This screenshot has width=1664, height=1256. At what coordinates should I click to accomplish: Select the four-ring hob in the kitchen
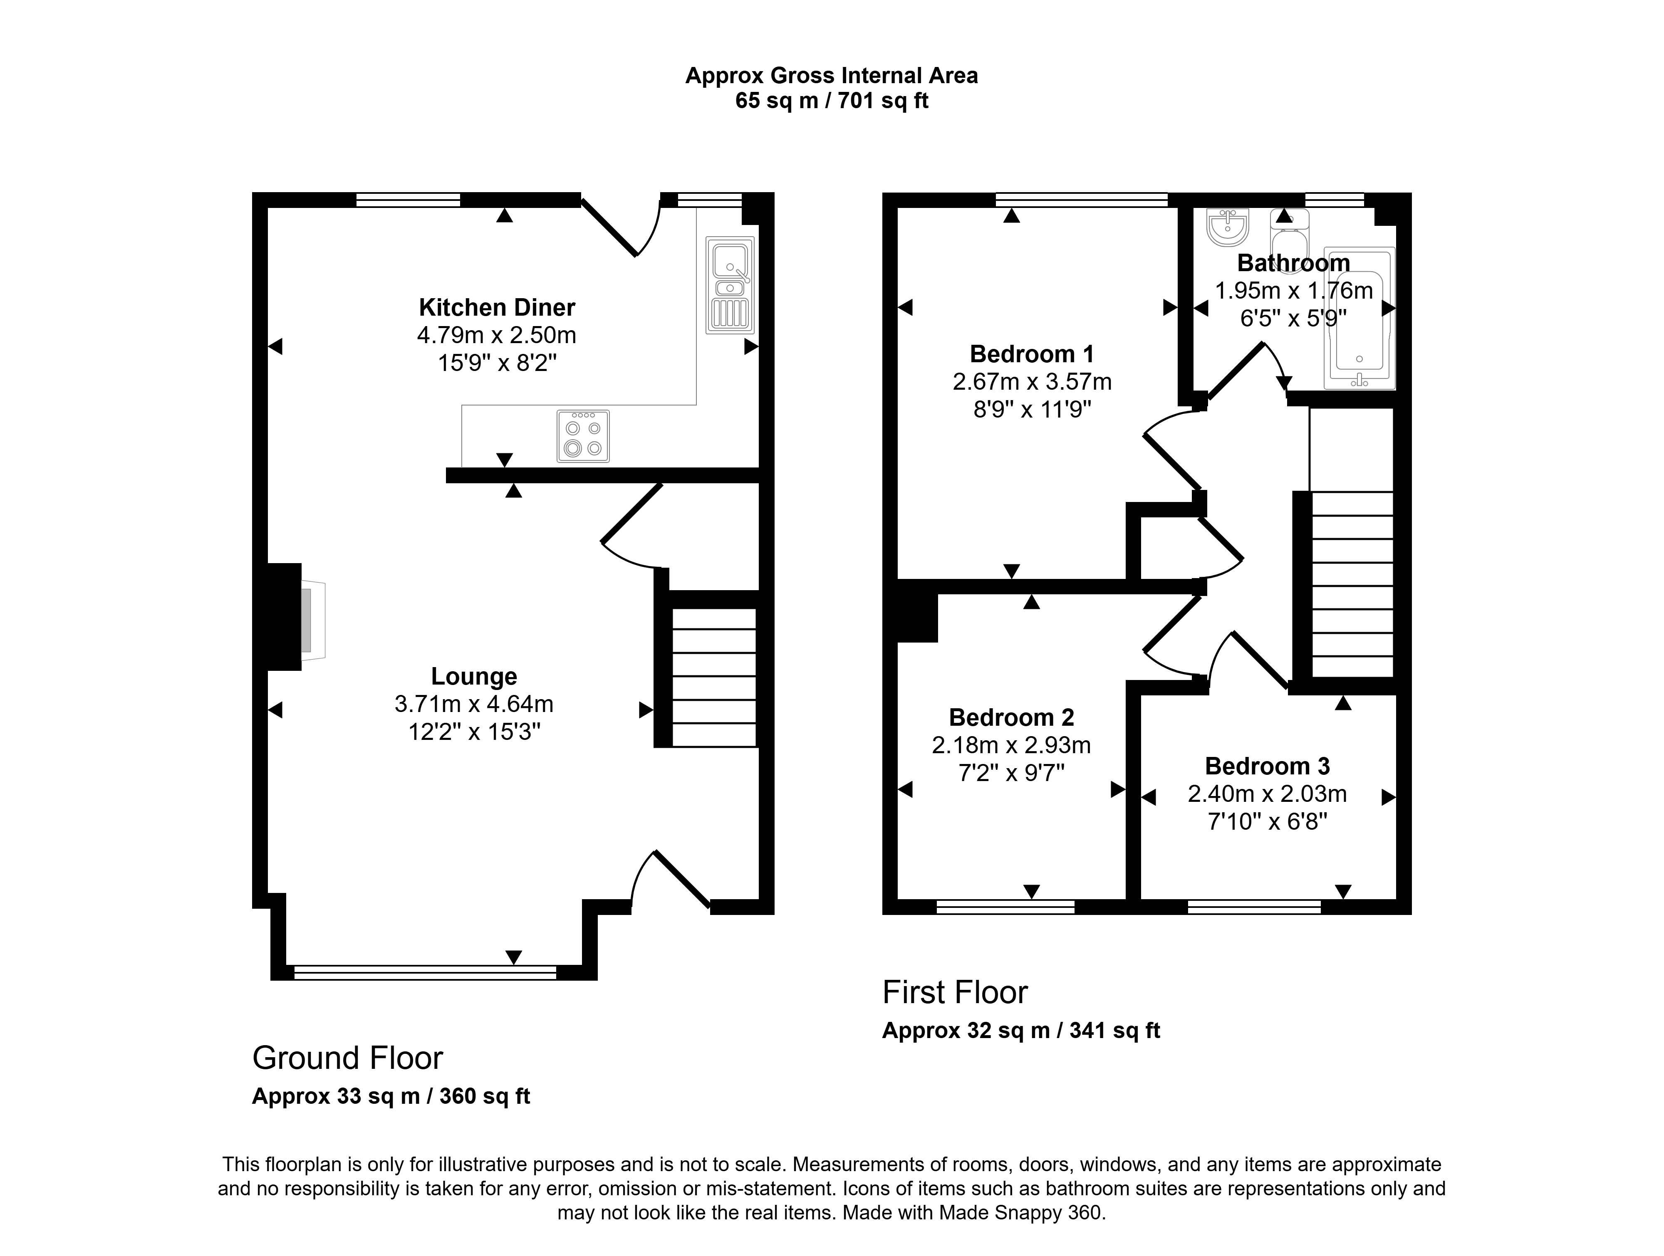pyautogui.click(x=583, y=436)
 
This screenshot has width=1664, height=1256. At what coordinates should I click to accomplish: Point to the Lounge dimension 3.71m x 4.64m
pyautogui.click(x=474, y=704)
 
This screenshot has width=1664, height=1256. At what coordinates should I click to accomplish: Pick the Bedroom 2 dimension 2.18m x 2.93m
pyautogui.click(x=1011, y=745)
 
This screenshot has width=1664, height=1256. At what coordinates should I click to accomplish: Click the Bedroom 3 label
pyautogui.click(x=1268, y=766)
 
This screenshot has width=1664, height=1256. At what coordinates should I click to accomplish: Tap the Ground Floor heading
pyautogui.click(x=347, y=1058)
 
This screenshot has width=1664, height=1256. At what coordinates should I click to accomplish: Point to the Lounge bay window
pyautogui.click(x=425, y=972)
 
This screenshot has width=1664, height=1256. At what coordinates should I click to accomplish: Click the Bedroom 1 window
pyautogui.click(x=1082, y=199)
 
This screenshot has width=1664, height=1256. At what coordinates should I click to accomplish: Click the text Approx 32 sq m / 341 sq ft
pyautogui.click(x=1021, y=1030)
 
